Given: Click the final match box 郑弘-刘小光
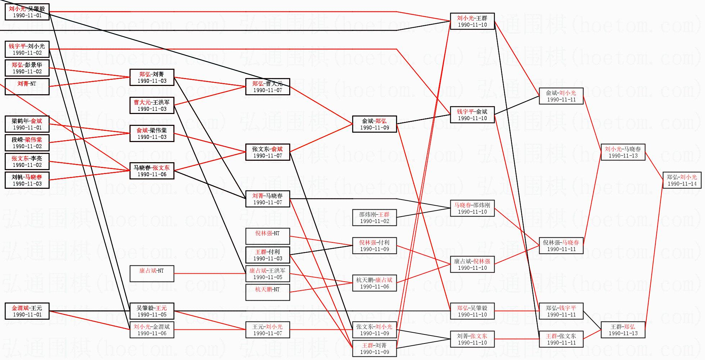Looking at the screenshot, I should coord(682,180).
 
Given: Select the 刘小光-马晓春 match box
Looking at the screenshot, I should coord(623,152).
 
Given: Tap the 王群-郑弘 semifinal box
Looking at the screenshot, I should coord(623,330).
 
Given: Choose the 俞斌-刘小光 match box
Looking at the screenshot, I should coord(561,96).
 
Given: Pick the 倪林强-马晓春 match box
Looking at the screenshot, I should coord(561,245).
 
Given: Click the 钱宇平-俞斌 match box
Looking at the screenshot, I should coord(472,114).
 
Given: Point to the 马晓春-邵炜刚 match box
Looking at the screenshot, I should coord(472,208).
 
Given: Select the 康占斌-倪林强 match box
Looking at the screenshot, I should coord(472,264).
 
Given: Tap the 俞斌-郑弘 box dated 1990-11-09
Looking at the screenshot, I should coord(374,124).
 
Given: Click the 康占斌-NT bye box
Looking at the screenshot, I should coord(152,273).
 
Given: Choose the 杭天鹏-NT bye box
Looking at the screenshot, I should coord(268,292).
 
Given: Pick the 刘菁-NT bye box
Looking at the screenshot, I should coord(27,86).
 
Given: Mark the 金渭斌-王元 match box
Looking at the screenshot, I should coord(27,311).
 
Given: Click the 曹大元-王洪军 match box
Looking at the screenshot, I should coord(152,105).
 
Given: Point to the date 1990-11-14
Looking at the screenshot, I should coord(682,183).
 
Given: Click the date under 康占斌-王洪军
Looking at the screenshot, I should coord(268,277).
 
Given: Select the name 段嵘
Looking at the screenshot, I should coord(17,140).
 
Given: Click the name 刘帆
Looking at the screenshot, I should coord(17,177).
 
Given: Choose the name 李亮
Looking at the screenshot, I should coord(36,158).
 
